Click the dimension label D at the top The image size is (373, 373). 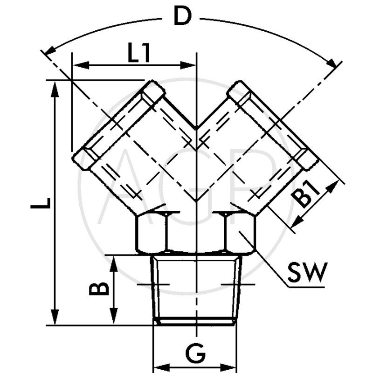182,17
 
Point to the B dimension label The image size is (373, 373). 99,289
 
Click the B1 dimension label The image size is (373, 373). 308,195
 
